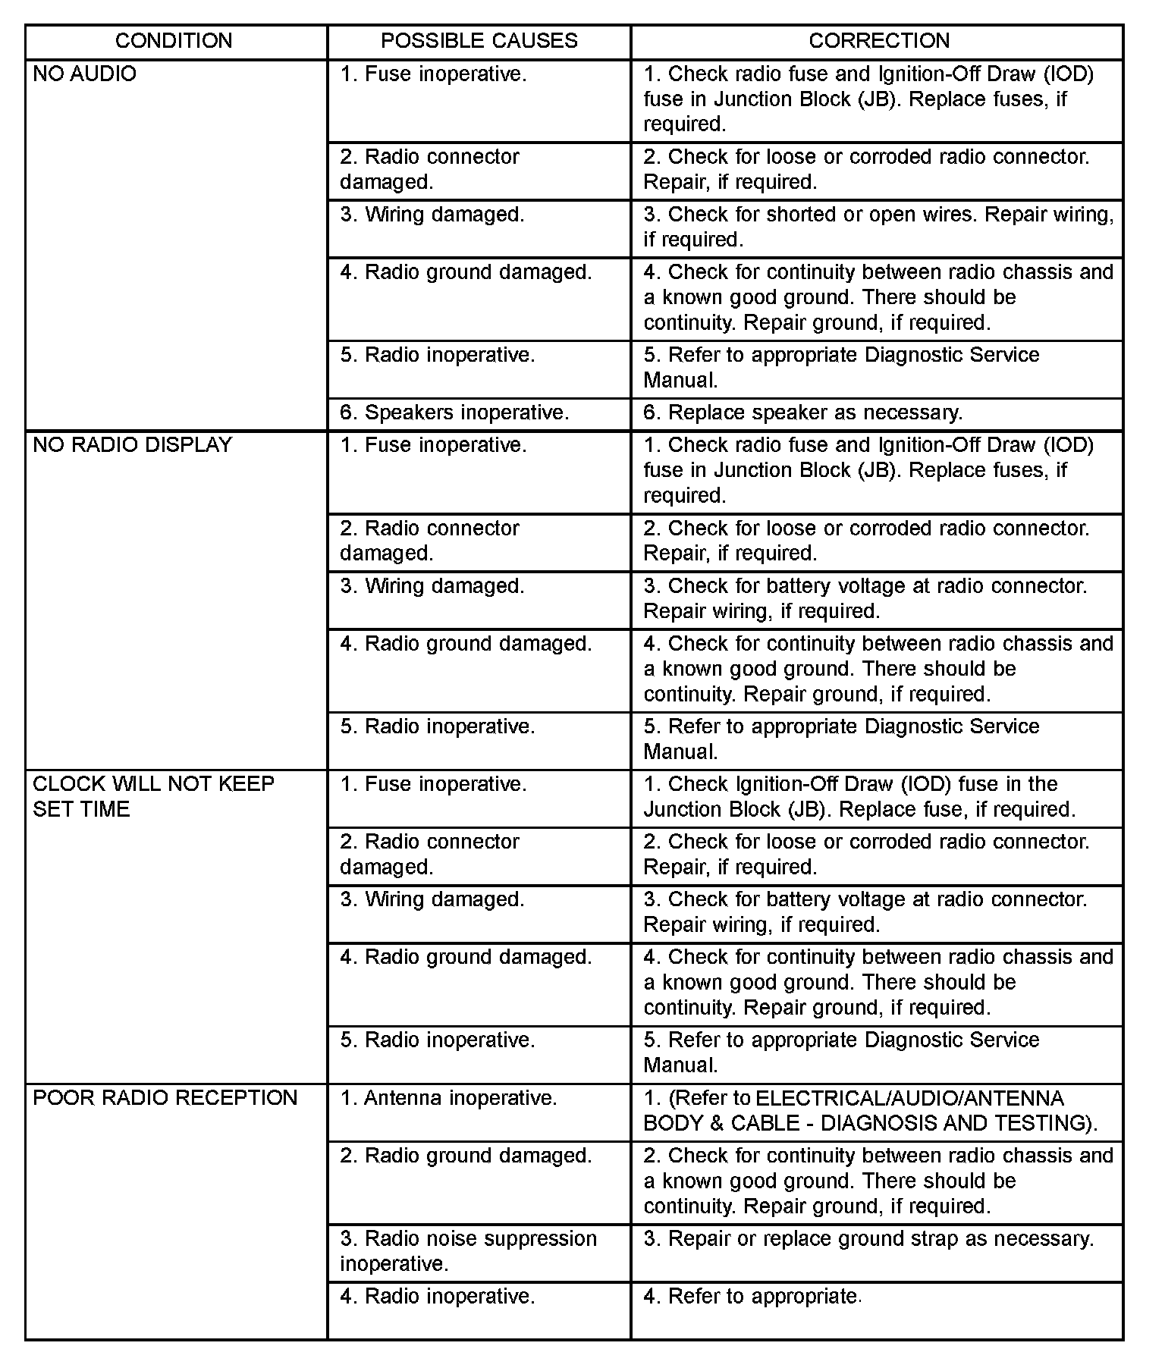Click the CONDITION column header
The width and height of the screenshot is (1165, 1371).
coord(174,41)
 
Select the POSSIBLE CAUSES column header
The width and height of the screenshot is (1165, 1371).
coord(479,41)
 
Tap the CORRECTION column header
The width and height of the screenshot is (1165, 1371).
coord(878,41)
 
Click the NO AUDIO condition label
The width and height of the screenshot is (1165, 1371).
coord(85,74)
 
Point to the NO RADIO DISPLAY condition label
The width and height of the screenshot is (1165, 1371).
coord(133,445)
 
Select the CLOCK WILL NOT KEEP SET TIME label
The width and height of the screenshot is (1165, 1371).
coord(153,796)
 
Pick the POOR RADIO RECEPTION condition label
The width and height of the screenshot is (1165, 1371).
coord(165,1098)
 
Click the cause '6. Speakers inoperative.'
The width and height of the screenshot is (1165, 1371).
coord(454,413)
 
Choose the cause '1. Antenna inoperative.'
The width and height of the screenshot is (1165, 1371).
coord(448,1098)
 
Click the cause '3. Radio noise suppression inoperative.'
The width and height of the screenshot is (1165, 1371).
coord(468,1251)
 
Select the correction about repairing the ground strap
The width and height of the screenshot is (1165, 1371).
coord(868,1239)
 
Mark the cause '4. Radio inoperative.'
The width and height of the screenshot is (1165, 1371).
coord(438,1297)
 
